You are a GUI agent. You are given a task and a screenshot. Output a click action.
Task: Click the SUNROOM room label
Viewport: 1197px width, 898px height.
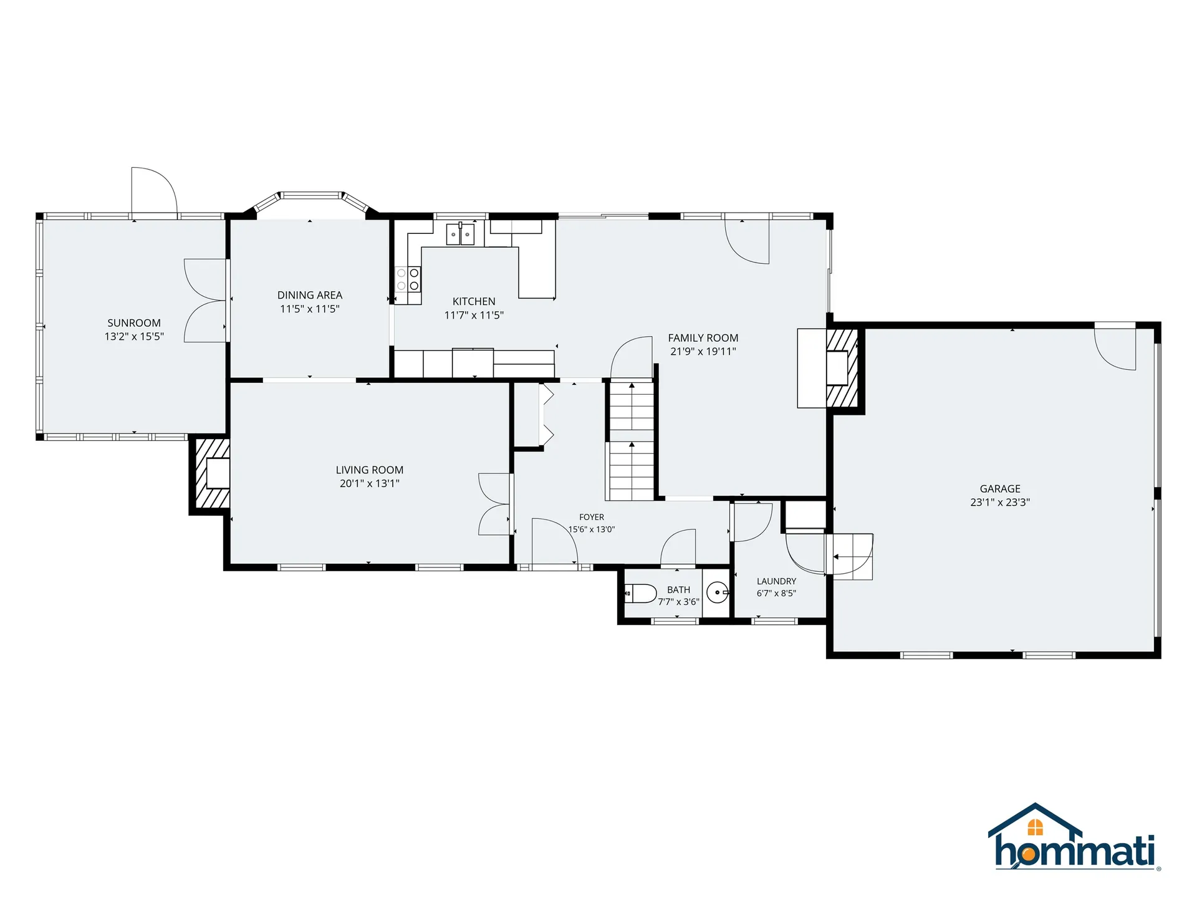coord(134,323)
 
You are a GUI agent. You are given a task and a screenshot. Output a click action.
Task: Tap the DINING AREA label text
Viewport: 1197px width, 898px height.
coord(310,295)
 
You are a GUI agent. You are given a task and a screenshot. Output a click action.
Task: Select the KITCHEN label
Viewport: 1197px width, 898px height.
coord(474,301)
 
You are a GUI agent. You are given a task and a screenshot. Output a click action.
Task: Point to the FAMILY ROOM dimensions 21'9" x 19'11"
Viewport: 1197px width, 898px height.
coord(703,351)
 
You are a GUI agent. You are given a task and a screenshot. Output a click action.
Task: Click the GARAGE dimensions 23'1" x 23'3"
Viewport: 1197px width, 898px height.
coord(1000,502)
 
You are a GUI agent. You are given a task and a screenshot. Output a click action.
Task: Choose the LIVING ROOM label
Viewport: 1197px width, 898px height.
coord(370,470)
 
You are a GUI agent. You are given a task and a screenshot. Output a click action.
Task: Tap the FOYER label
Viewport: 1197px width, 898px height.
coord(592,517)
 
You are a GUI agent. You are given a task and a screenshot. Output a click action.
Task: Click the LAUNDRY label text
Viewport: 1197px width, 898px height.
coord(776,581)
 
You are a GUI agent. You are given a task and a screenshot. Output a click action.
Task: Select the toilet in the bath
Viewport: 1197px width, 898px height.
coord(640,593)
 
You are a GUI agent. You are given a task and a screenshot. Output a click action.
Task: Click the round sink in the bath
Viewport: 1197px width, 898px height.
coord(718,592)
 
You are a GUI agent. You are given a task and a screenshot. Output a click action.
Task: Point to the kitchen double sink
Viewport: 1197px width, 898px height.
coord(460,234)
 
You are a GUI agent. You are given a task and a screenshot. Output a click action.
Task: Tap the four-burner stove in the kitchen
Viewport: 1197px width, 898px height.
coord(408,279)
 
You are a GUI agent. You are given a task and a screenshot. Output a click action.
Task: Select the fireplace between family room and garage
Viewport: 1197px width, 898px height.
coord(842,368)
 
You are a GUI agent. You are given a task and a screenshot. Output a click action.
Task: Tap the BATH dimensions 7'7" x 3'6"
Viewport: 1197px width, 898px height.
coord(679,602)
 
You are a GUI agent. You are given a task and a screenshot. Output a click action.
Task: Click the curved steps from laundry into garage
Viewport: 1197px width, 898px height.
coord(850,556)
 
